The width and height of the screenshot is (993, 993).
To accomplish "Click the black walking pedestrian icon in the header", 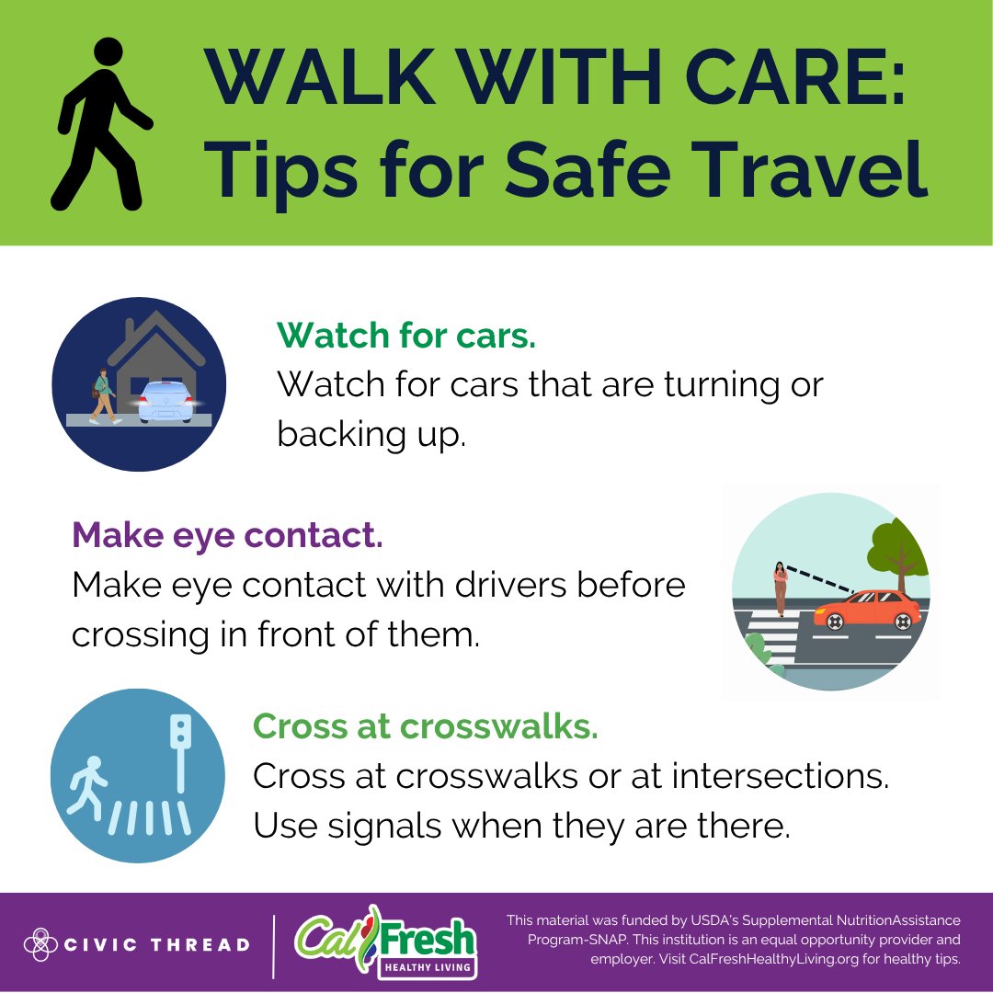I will click(x=100, y=123).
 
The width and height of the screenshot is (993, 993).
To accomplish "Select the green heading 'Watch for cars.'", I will click(x=405, y=336).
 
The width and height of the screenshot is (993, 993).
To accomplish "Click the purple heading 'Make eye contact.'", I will click(x=227, y=534).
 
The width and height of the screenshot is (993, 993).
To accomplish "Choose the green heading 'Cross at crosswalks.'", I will click(x=425, y=726).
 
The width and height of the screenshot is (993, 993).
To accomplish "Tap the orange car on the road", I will click(x=867, y=610).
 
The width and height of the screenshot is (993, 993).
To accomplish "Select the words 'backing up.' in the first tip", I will click(x=371, y=434).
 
